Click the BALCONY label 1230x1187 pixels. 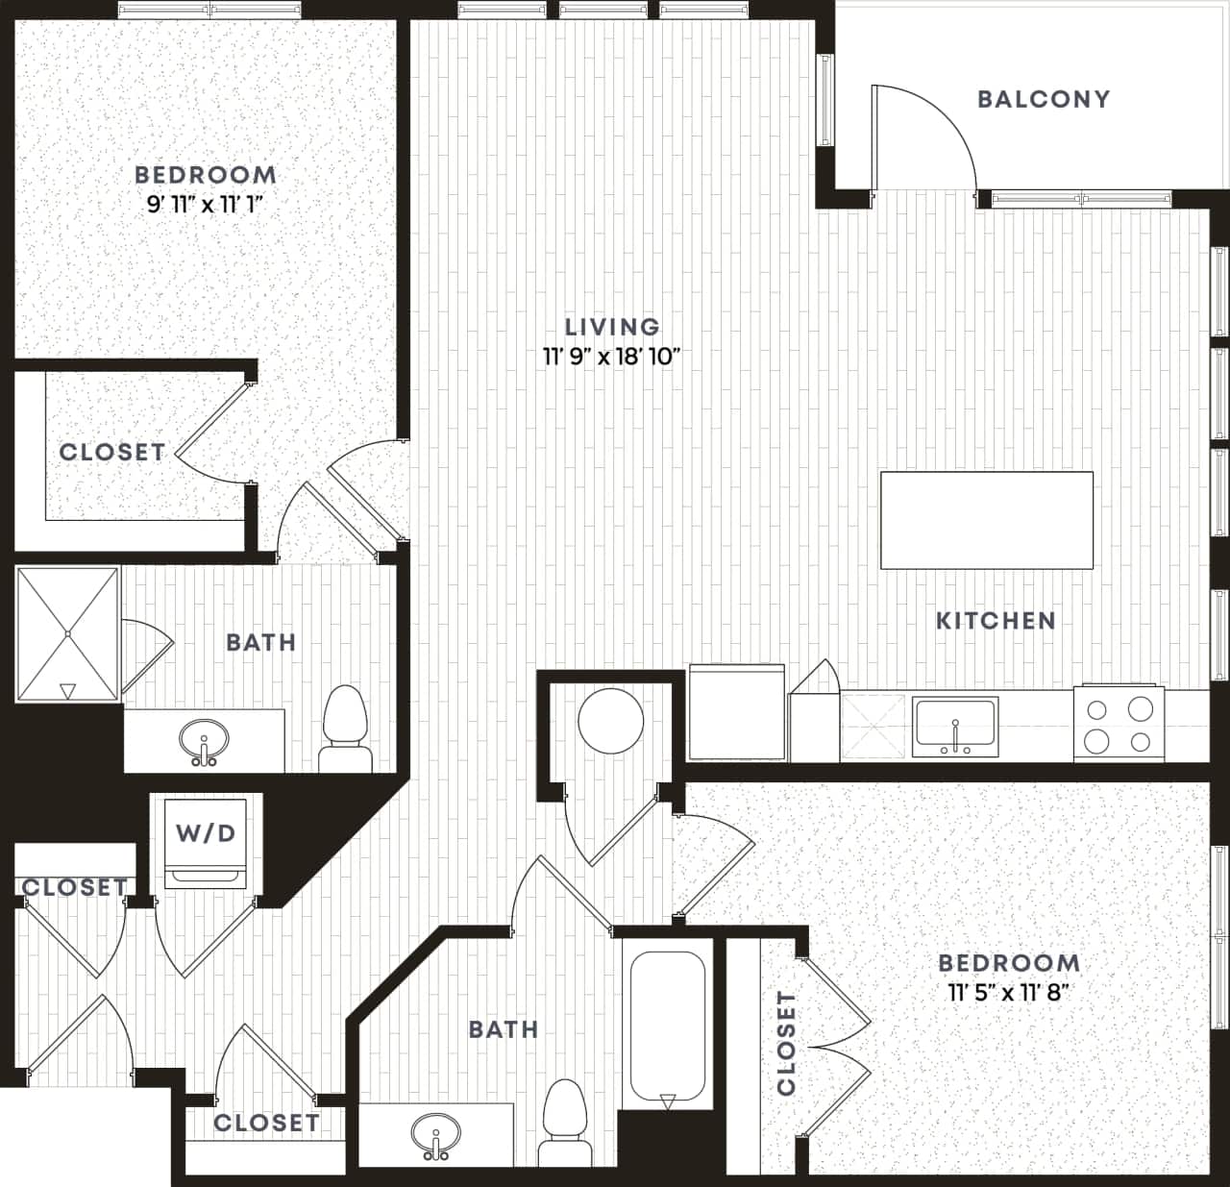point(1043,99)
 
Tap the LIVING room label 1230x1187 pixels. point(612,327)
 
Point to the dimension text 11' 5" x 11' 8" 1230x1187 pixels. point(1009,992)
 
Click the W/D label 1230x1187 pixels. point(206,832)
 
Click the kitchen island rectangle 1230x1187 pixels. point(986,519)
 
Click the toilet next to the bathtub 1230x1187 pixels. point(564,1120)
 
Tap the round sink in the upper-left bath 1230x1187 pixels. point(204,740)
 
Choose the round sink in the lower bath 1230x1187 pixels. point(435,1135)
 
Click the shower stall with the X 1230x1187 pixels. point(67,633)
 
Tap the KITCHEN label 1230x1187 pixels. point(996,621)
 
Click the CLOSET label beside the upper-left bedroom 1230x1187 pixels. point(111,452)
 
